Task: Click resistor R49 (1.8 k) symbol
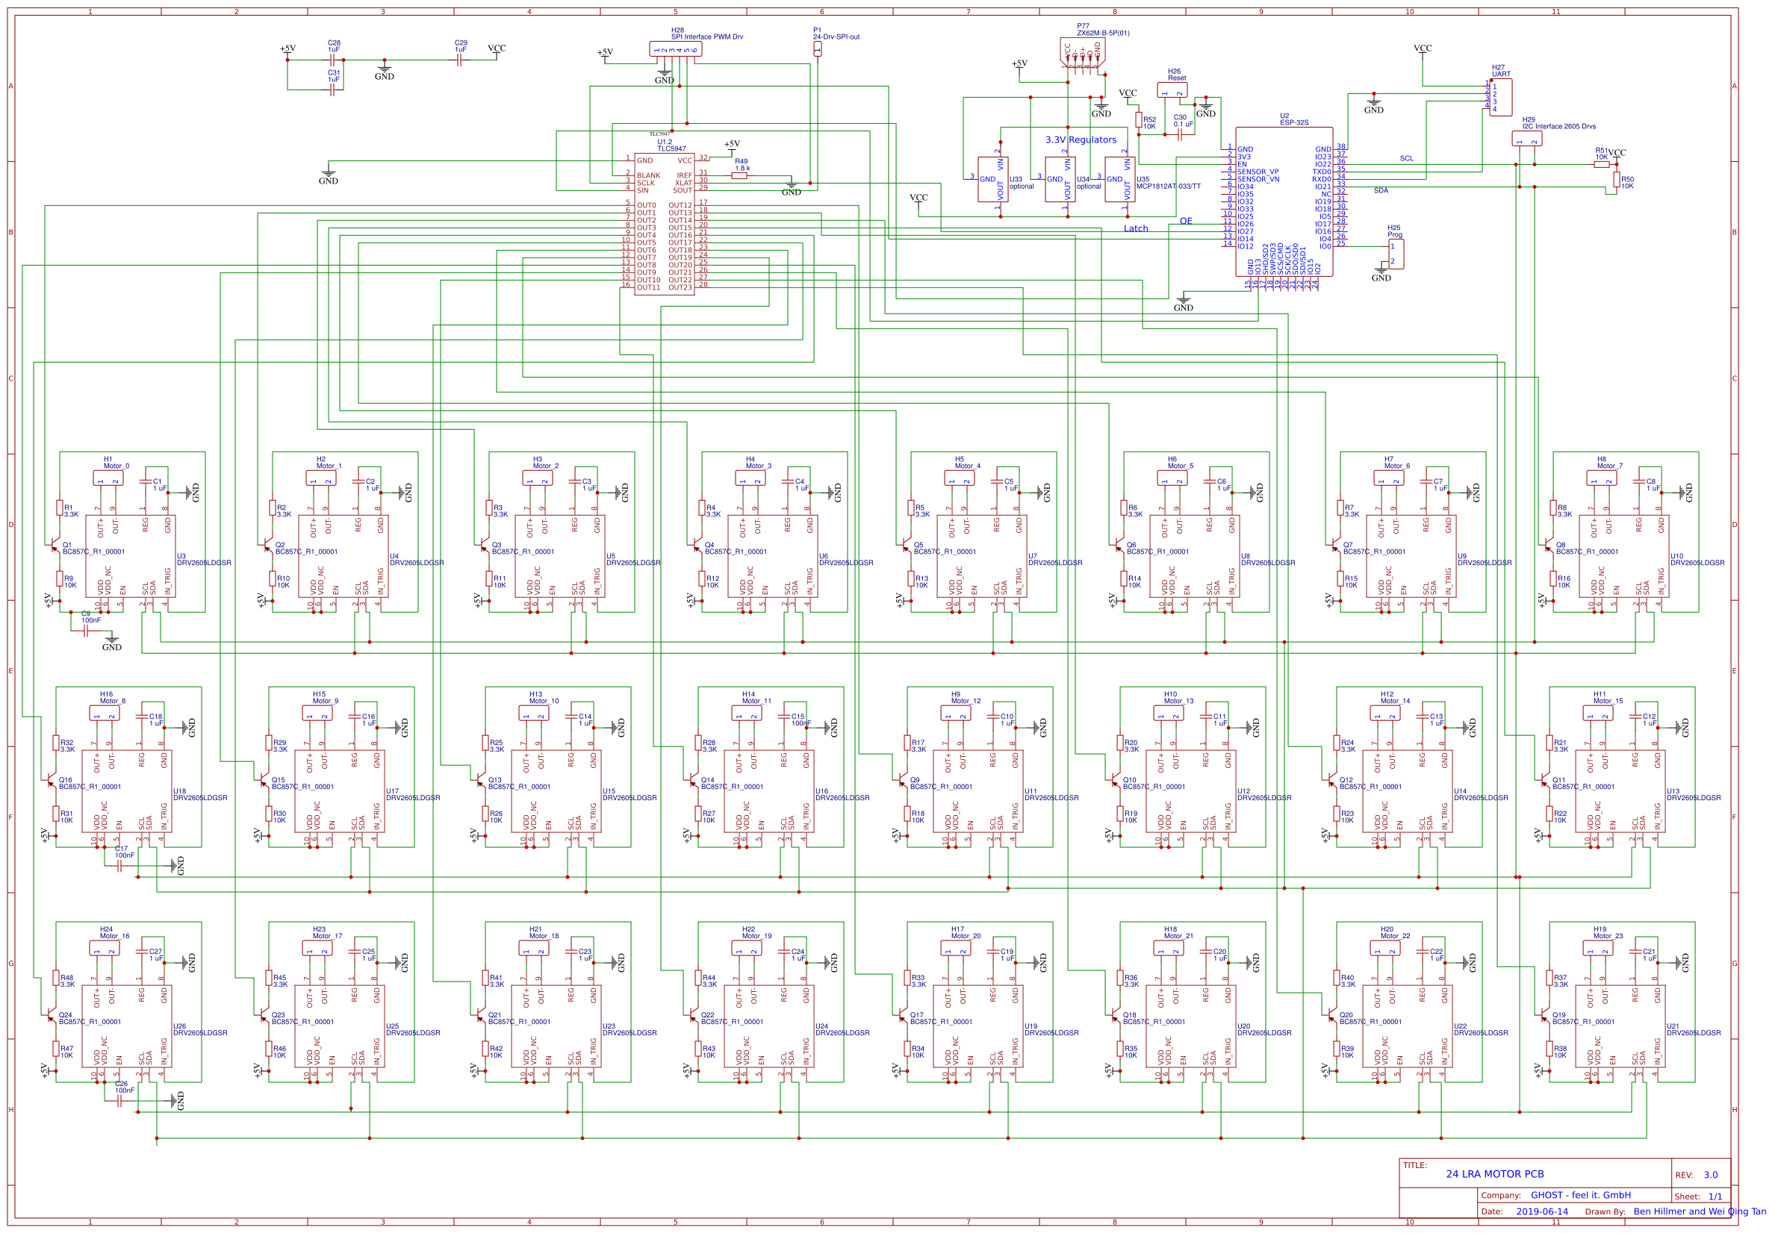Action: pos(739,175)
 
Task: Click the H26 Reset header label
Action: pos(1175,74)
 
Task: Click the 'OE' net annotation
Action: pos(1184,221)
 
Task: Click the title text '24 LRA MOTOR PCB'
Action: pos(1493,1173)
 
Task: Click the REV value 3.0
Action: pos(1710,1174)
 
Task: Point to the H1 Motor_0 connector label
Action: pos(115,462)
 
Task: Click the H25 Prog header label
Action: pos(1393,231)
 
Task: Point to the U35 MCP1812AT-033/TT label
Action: pos(1167,182)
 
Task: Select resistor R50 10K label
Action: pos(1626,182)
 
